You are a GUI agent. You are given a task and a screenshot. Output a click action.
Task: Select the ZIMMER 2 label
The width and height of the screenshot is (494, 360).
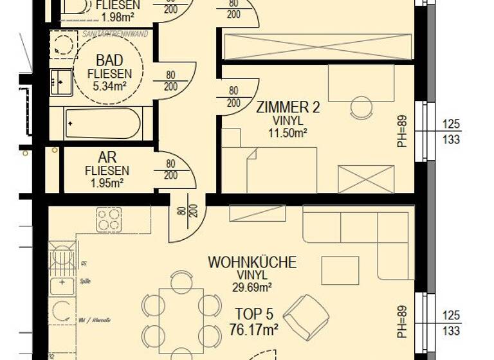coord(288,107)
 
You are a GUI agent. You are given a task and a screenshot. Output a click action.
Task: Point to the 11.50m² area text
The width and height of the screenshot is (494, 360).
coord(288,133)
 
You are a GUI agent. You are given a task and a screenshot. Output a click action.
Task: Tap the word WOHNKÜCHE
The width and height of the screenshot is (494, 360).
coord(252,262)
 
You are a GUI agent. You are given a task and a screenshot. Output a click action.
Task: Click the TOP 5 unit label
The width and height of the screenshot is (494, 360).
coord(253,314)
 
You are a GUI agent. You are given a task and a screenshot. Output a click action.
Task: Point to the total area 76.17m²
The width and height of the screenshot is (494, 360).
coord(253,330)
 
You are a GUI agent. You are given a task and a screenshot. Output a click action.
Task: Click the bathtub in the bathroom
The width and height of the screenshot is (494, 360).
coord(103,123)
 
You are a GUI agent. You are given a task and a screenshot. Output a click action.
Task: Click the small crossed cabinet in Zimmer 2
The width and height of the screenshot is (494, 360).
coord(366,179)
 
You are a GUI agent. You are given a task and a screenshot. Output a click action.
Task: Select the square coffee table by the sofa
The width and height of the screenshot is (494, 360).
coord(340,271)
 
